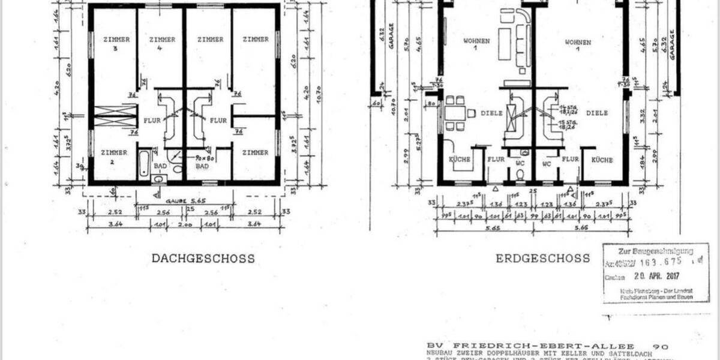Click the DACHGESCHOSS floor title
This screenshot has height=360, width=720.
tap(203, 259)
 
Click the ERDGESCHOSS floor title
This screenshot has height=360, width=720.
tap(542, 259)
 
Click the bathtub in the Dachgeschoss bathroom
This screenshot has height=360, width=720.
tap(144, 163)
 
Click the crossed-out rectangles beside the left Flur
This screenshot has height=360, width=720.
tap(115, 115)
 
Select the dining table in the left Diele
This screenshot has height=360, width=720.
tap(455, 113)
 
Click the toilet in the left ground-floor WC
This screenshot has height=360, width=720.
tap(520, 175)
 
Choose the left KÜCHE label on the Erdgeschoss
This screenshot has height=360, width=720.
tap(459, 160)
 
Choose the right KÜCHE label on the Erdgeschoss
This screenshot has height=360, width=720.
tap(602, 160)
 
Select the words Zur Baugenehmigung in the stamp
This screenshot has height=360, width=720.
tap(655, 251)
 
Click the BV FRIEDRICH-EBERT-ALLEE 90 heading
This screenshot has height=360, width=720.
tap(546, 346)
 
